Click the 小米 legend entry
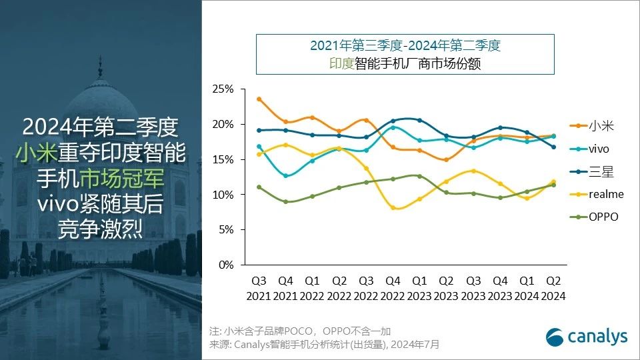coord(597,125)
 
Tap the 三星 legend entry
coord(597,171)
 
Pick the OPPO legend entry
coord(603,217)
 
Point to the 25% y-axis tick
coord(223,89)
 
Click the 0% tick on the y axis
coord(226,265)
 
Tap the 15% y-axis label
coord(223,159)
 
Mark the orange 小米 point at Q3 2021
coord(259,99)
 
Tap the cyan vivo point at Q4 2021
coord(285,176)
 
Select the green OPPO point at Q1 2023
coord(419,176)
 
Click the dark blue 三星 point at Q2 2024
coord(553,147)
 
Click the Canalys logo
coord(587,337)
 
